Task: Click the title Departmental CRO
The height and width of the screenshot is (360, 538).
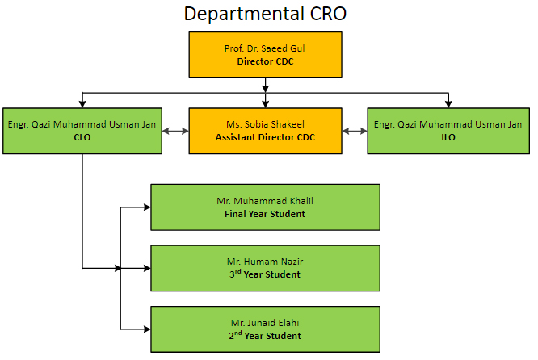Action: (x=265, y=14)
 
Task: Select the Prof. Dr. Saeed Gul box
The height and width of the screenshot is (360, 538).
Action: (x=265, y=55)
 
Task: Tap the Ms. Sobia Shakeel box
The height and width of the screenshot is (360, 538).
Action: (x=265, y=131)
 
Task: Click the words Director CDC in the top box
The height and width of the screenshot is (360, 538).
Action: (x=265, y=61)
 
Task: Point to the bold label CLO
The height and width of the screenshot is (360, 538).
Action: (x=82, y=137)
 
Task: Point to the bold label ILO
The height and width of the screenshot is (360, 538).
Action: (x=448, y=137)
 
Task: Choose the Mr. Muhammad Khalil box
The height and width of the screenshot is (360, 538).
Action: (x=265, y=207)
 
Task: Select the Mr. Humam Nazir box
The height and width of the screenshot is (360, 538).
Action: (x=265, y=268)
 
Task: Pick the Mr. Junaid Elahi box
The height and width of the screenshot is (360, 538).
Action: (x=265, y=329)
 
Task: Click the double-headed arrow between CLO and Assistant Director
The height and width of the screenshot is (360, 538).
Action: (x=175, y=131)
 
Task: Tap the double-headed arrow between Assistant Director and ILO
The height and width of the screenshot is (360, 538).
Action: (x=355, y=131)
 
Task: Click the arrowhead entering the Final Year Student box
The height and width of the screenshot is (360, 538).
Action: (x=147, y=207)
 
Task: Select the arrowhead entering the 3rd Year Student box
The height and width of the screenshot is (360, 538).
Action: (x=147, y=268)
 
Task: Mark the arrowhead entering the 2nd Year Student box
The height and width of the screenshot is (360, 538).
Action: (x=147, y=329)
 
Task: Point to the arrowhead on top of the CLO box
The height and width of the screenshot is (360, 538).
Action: (x=82, y=104)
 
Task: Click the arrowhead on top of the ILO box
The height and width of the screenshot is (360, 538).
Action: (x=448, y=104)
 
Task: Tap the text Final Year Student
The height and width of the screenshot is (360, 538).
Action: (x=265, y=214)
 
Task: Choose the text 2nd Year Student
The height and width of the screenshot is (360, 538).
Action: (x=265, y=335)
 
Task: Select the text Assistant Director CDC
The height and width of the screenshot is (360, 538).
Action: (x=265, y=137)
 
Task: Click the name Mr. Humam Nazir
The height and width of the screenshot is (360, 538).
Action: (x=265, y=262)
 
